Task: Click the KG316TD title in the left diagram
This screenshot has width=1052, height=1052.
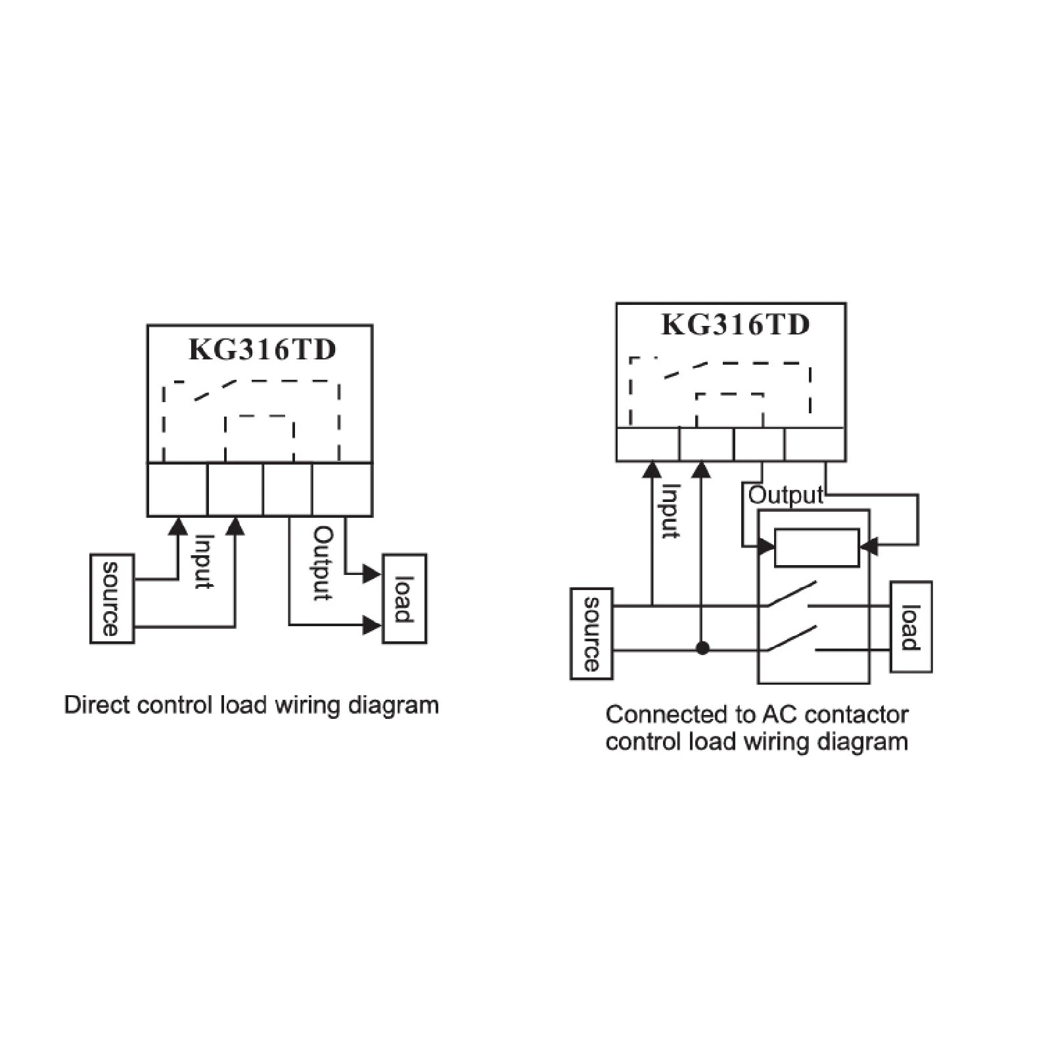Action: pyautogui.click(x=262, y=350)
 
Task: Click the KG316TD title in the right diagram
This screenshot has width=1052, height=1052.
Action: pyautogui.click(x=735, y=325)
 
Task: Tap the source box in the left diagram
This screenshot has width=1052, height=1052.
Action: pyautogui.click(x=112, y=599)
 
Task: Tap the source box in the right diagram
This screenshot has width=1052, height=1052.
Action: pyautogui.click(x=591, y=633)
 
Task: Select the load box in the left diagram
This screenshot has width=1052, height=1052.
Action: pyautogui.click(x=405, y=599)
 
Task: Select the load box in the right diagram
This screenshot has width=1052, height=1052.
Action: pyautogui.click(x=911, y=627)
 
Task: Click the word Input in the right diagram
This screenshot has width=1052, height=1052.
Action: pyautogui.click(x=670, y=511)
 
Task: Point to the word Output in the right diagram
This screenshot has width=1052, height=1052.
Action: pyautogui.click(x=786, y=495)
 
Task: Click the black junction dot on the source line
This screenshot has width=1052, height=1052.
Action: pyautogui.click(x=702, y=649)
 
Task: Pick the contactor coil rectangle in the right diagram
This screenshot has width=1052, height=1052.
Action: pyautogui.click(x=817, y=547)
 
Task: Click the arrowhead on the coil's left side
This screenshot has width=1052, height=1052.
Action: pyautogui.click(x=766, y=546)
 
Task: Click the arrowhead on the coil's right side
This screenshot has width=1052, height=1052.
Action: pyautogui.click(x=868, y=545)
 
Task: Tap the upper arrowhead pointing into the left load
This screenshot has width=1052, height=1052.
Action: pyautogui.click(x=373, y=574)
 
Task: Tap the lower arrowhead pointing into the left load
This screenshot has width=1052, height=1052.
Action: pyautogui.click(x=373, y=625)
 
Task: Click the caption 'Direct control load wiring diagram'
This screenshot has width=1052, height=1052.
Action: pyautogui.click(x=252, y=706)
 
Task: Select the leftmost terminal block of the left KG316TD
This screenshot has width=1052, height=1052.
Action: pyautogui.click(x=177, y=490)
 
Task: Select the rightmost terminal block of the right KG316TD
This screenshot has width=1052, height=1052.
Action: pyautogui.click(x=815, y=444)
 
